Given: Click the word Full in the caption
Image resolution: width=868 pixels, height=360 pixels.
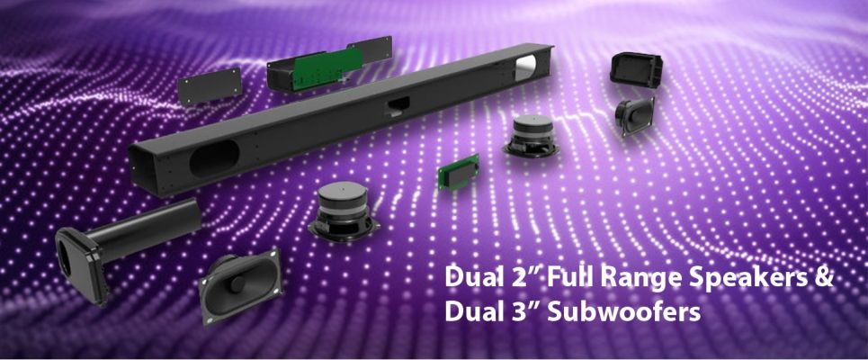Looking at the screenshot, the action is (570, 276).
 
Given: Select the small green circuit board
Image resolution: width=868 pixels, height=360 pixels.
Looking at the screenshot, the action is (459, 171).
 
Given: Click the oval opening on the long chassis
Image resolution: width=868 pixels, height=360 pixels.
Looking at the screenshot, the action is (214, 158).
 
